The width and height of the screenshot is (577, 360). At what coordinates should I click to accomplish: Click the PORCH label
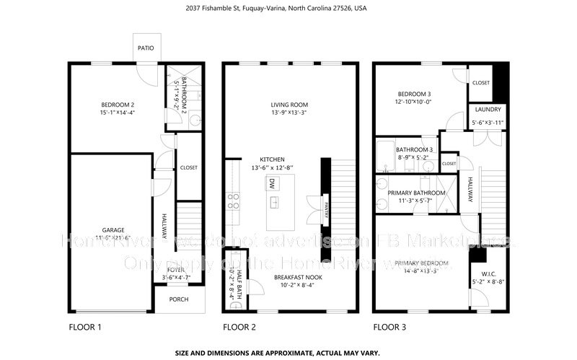coord(179,299)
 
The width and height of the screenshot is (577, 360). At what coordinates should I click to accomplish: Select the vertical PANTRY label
coord(326,209)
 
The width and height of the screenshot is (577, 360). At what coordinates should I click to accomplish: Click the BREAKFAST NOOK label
coord(297,276)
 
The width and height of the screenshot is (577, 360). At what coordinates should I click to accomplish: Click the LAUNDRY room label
coord(486,110)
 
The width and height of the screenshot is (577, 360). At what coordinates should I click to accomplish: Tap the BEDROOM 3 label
coord(414,94)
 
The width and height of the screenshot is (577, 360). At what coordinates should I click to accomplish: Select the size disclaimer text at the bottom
coord(288,354)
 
